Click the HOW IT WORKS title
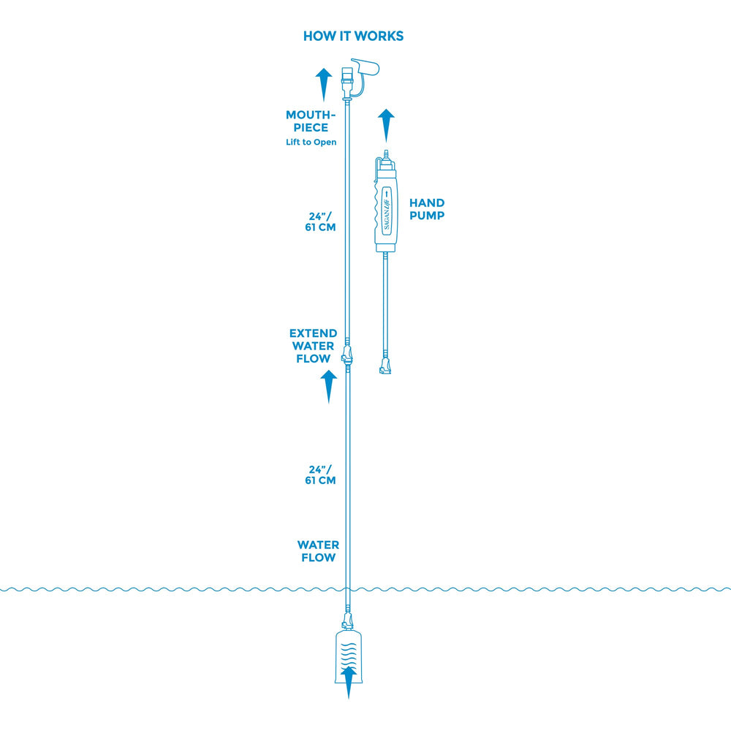click(x=353, y=37)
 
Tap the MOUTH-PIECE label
click(x=311, y=121)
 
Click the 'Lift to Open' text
click(x=311, y=143)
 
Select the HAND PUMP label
click(x=427, y=209)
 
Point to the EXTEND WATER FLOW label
click(x=314, y=346)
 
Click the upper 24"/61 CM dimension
click(x=320, y=222)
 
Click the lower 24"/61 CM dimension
click(x=320, y=475)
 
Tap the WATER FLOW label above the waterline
click(x=319, y=551)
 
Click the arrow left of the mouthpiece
click(x=324, y=85)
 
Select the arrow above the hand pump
click(x=386, y=126)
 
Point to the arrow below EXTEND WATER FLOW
click(x=329, y=387)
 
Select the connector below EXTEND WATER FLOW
click(x=346, y=356)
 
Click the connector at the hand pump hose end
click(x=385, y=366)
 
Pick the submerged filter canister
click(x=349, y=657)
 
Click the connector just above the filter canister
click(x=347, y=621)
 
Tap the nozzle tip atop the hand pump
click(x=385, y=154)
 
